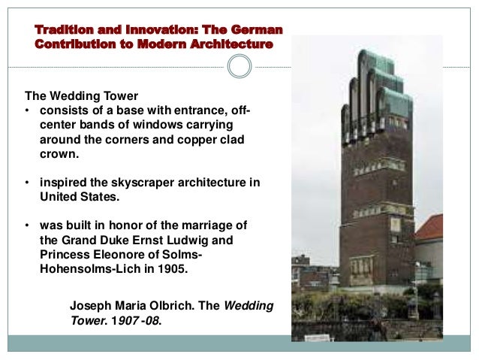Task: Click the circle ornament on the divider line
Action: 239,68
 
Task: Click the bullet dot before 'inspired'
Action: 27,183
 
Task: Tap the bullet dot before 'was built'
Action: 27,226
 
